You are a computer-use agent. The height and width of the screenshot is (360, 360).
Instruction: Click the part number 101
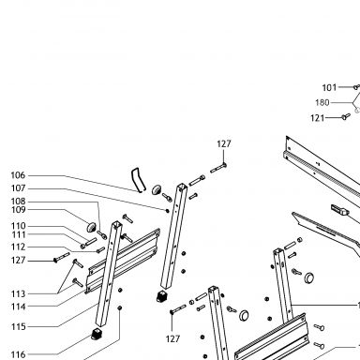329,87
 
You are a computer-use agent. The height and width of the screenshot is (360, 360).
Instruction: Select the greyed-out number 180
322,102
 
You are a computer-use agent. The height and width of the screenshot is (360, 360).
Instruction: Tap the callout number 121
318,118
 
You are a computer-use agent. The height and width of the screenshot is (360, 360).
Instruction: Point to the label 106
18,175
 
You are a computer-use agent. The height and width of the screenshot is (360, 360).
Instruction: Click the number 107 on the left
18,188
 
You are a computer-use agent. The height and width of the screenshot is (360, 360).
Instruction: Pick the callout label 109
18,210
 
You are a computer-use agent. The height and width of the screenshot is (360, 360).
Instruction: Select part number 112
18,247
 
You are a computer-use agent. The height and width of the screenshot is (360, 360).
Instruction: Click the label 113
18,294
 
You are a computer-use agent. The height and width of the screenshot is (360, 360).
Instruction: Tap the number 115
18,326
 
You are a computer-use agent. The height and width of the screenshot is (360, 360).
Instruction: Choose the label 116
18,354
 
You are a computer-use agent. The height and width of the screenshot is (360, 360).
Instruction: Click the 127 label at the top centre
224,143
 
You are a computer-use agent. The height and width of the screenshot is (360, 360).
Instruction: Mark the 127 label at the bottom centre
172,338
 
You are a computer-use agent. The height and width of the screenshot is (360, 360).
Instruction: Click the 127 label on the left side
18,260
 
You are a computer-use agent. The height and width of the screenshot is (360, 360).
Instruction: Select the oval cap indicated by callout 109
91,227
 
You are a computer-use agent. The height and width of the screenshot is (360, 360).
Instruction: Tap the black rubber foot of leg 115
97,334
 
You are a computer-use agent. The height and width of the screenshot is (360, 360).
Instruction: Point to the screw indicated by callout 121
345,116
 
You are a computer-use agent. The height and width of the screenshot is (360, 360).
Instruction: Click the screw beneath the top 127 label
218,168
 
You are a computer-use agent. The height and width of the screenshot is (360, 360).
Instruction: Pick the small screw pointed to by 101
356,87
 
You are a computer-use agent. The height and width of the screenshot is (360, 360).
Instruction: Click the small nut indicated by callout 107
168,211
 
